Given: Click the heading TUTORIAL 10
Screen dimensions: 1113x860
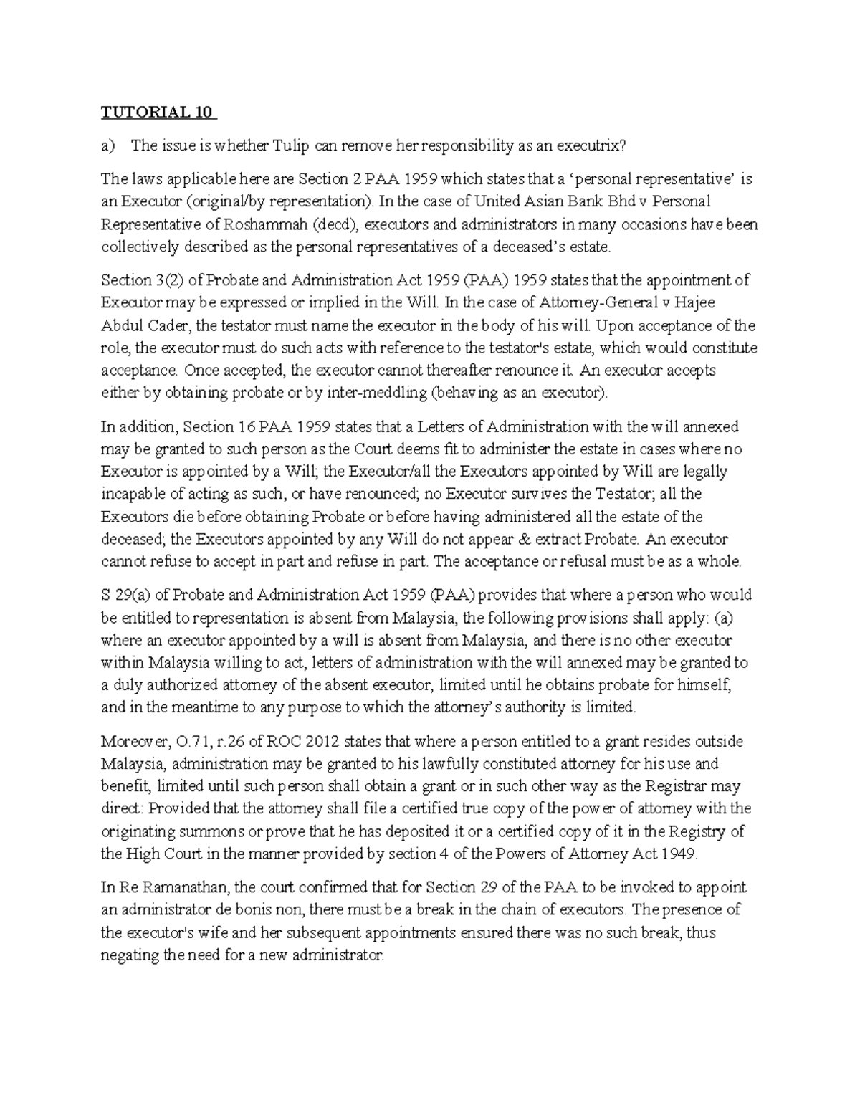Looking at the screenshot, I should [x=158, y=113].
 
